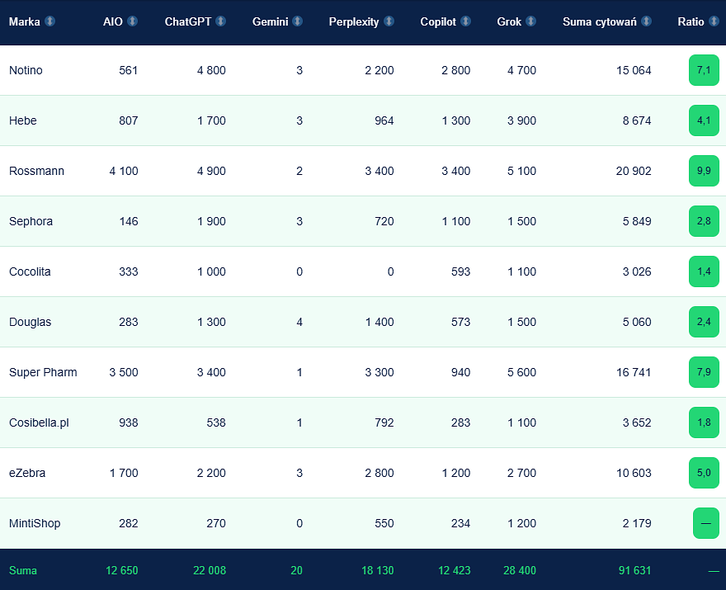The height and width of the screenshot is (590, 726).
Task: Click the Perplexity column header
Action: (354, 21)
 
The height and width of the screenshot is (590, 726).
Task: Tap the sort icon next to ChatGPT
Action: (221, 21)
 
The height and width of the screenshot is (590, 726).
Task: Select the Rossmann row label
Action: (36, 171)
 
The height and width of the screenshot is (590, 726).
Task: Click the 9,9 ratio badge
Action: (704, 171)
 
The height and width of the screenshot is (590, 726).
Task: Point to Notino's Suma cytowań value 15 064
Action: (634, 70)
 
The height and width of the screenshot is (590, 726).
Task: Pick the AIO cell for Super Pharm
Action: (124, 372)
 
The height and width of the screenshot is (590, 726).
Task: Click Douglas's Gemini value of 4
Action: (299, 322)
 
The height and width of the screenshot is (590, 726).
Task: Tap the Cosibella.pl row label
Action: (39, 422)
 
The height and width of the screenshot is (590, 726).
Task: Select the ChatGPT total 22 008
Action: (210, 570)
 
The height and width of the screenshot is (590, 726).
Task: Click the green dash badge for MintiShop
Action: (706, 523)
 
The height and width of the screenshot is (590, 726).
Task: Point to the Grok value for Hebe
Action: (521, 120)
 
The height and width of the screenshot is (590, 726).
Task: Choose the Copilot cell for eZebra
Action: (456, 473)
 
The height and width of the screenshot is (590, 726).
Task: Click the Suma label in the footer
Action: (23, 570)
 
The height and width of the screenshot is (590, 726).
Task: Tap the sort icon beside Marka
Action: (50, 21)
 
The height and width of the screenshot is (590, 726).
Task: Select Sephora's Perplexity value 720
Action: (384, 221)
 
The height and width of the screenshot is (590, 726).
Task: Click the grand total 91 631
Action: (634, 570)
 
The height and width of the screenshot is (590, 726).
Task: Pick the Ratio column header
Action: (691, 21)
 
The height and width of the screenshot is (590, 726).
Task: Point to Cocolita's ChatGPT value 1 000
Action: (211, 271)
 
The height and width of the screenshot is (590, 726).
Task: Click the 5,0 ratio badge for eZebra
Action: (704, 473)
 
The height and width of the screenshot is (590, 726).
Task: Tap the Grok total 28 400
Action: (520, 570)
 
